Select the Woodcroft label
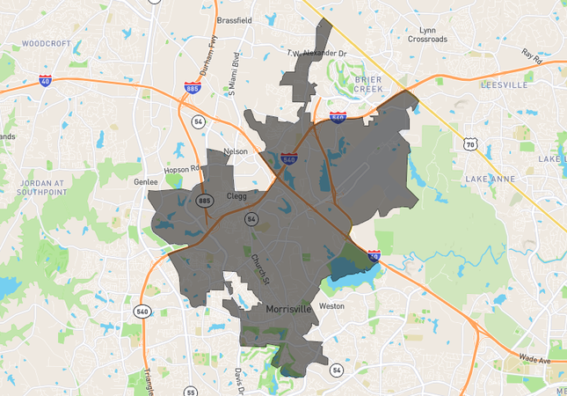pyautogui.click(x=45, y=42)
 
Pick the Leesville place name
pyautogui.click(x=503, y=85)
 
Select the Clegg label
pyautogui.click(x=237, y=196)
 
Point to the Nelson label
pyautogui.click(x=236, y=151)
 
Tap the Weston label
pyautogui.click(x=331, y=306)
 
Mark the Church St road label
pyautogui.click(x=259, y=268)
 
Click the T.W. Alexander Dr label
pyautogui.click(x=316, y=54)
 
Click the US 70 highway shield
pyautogui.click(x=470, y=144)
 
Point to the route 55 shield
pyautogui.click(x=191, y=391)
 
